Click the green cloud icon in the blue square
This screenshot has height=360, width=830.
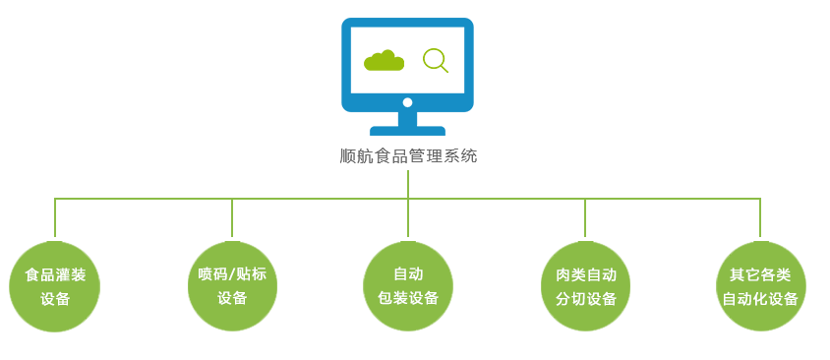pos(384,61)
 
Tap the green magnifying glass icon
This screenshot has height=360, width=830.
pos(434,61)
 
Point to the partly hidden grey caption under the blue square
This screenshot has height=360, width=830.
pos(407,155)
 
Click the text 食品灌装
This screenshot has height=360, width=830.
pos(55,274)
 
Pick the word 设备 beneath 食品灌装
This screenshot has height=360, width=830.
pos(55,298)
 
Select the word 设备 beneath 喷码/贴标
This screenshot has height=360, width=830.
pos(232,298)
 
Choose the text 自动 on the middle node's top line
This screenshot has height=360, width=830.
pos(408,274)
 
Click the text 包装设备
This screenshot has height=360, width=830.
pos(408,298)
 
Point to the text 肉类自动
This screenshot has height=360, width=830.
pos(585,274)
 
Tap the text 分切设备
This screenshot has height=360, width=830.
pos(585,298)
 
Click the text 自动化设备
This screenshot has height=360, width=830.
pos(760,298)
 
